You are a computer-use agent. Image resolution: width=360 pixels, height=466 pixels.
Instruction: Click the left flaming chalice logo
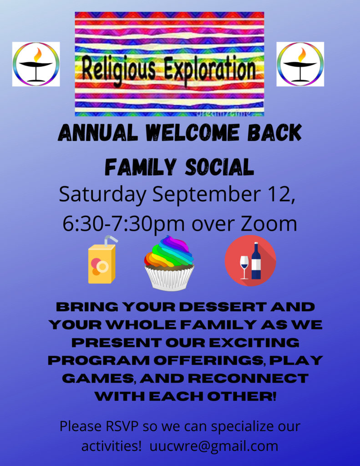click(x=36, y=64)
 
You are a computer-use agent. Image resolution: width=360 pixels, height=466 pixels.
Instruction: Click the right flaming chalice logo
click(x=300, y=64)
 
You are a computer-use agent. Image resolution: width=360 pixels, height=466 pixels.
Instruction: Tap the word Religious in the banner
click(x=118, y=70)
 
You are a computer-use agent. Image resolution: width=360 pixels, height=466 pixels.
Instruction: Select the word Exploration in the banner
click(x=210, y=69)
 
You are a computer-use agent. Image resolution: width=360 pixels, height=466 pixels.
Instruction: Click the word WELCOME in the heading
click(x=193, y=132)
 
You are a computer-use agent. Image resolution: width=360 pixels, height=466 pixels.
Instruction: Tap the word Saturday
click(x=102, y=195)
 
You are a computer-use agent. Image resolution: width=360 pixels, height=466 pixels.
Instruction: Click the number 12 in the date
click(x=279, y=194)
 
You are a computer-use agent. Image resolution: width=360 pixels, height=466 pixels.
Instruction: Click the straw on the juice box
click(x=110, y=240)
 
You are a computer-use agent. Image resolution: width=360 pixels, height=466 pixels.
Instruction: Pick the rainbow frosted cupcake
click(x=169, y=263)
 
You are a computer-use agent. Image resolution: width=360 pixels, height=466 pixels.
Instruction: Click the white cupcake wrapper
click(x=169, y=279)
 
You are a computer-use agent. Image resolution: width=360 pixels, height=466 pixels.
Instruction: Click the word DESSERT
click(x=223, y=307)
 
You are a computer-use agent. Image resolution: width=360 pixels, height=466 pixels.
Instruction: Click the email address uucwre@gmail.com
click(x=214, y=446)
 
